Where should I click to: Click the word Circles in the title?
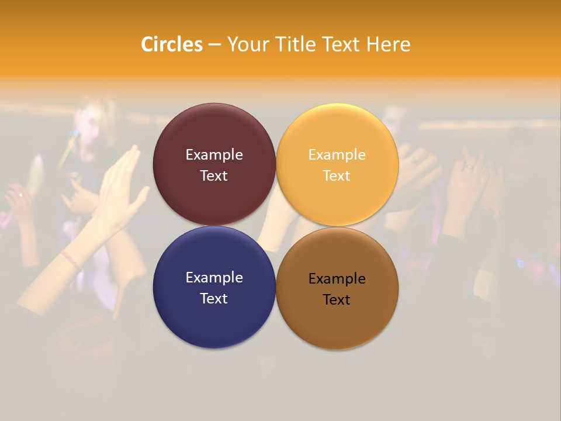pyautogui.click(x=172, y=44)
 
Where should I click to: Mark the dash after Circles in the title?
pyautogui.click(x=214, y=45)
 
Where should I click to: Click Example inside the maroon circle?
pyautogui.click(x=214, y=155)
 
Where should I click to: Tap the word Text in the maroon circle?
pyautogui.click(x=214, y=176)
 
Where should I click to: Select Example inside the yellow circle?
pyautogui.click(x=337, y=155)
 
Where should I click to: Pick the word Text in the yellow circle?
pyautogui.click(x=337, y=176)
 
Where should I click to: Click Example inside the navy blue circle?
pyautogui.click(x=214, y=278)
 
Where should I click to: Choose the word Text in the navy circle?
pyautogui.click(x=214, y=299)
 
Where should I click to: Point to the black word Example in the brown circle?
pyautogui.click(x=337, y=279)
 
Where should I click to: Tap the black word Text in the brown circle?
pyautogui.click(x=337, y=300)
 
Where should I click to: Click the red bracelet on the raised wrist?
pyautogui.click(x=70, y=258)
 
